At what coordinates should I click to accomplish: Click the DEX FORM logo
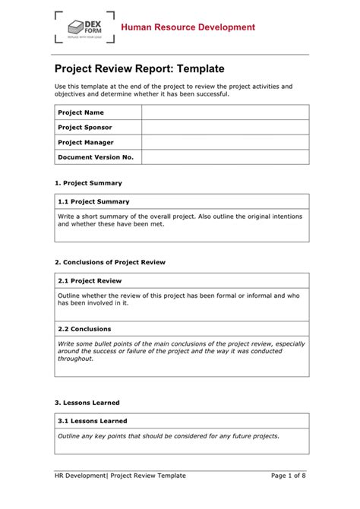click(85, 28)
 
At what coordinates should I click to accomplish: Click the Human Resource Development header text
click(189, 27)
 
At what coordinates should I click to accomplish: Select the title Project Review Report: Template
click(139, 68)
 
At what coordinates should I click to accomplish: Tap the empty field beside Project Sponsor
click(225, 128)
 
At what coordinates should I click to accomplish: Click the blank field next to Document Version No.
click(225, 157)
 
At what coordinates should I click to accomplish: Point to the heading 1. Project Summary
click(88, 183)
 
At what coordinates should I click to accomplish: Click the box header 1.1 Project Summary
click(93, 201)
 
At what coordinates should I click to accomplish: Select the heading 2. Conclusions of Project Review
click(110, 262)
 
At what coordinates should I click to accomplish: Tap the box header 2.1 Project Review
click(90, 280)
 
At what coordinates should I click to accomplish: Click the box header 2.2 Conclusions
click(84, 329)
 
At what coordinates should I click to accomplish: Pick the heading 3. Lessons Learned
click(87, 403)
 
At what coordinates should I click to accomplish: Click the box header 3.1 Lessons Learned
click(93, 421)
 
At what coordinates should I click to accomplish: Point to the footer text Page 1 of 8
click(289, 476)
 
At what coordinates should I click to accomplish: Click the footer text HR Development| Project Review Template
click(120, 476)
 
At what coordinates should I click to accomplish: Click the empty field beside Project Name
click(225, 112)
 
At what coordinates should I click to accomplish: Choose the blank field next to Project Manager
click(225, 142)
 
